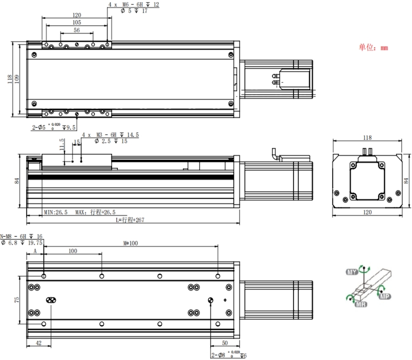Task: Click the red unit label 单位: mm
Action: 373,47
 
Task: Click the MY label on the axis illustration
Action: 352,272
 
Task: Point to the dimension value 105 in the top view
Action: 76,22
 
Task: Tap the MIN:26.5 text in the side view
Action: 56,212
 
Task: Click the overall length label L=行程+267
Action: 133,220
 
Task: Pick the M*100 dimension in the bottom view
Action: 130,243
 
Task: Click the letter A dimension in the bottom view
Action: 35,251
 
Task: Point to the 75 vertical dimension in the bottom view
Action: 17,300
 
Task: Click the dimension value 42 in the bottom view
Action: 38,343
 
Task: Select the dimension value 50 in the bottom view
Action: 224,343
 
